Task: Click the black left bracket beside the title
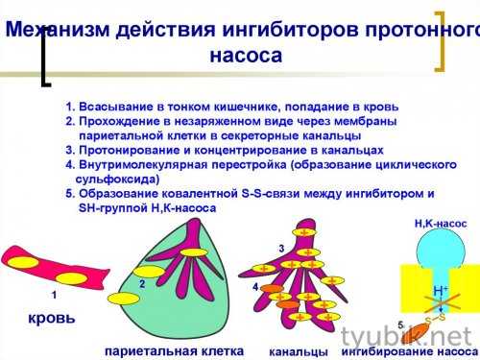tap(44, 62)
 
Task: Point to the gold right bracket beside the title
tap(442, 42)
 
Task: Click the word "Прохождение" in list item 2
tap(128, 122)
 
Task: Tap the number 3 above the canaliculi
tap(281, 249)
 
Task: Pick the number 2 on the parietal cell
tap(141, 284)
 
